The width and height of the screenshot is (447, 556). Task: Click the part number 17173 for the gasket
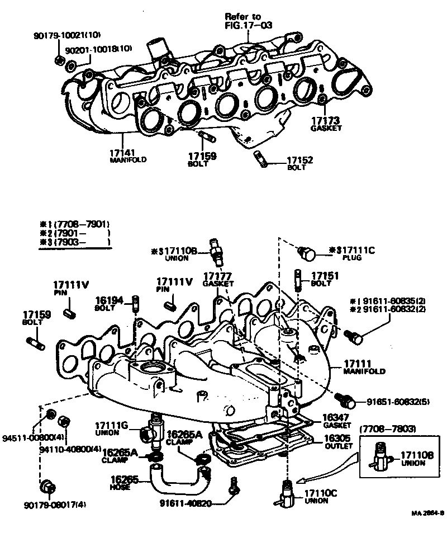326,120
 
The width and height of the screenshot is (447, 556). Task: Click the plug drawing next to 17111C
307,253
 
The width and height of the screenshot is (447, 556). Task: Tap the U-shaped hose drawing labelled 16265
173,478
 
